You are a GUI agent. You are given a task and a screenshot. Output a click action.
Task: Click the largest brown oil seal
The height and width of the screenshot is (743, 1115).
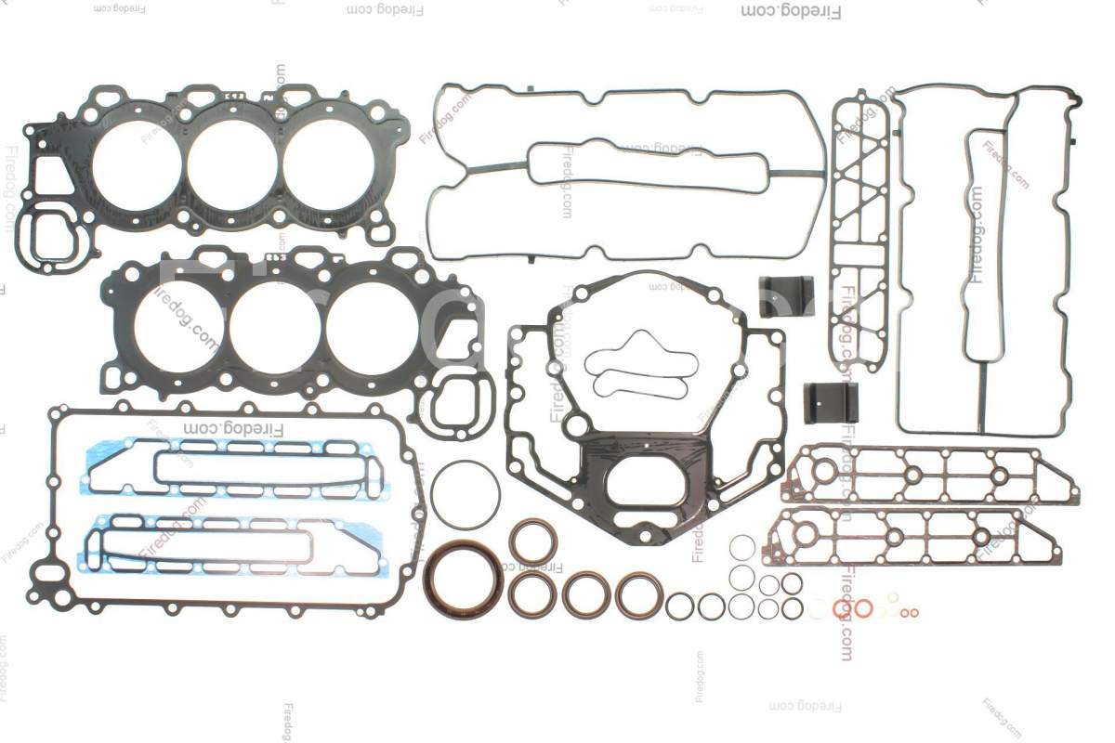[x=463, y=580]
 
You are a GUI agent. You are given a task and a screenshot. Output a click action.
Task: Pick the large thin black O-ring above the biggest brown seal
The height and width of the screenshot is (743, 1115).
[x=466, y=495]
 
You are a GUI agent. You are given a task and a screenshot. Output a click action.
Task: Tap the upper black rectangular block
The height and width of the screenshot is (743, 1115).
[x=787, y=294]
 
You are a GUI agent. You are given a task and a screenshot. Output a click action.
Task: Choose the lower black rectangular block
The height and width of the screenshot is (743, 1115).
[x=830, y=402]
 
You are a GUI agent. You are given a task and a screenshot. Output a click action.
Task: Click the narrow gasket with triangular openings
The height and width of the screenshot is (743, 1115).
[x=859, y=232]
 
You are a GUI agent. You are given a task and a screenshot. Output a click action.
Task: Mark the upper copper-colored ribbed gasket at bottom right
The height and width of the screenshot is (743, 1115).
[x=929, y=476]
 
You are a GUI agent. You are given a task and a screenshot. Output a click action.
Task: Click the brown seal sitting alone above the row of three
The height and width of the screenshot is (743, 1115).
[x=533, y=542]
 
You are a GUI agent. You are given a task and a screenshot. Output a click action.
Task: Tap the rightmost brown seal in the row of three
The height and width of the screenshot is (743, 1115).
[x=639, y=595]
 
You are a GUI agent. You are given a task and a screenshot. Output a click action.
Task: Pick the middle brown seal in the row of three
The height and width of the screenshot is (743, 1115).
[x=586, y=595]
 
